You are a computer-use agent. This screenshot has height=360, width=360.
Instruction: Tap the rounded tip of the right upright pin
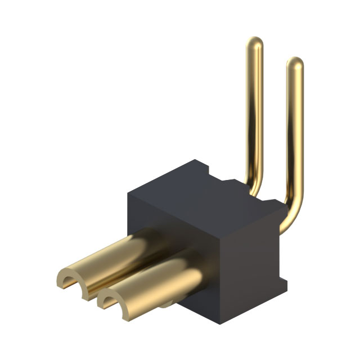[x=295, y=63]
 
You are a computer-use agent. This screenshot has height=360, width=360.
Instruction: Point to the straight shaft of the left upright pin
[x=255, y=112]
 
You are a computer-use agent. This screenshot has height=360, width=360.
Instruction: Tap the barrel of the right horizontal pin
[x=157, y=281]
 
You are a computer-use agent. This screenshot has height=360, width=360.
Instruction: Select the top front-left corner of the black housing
[x=129, y=194]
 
